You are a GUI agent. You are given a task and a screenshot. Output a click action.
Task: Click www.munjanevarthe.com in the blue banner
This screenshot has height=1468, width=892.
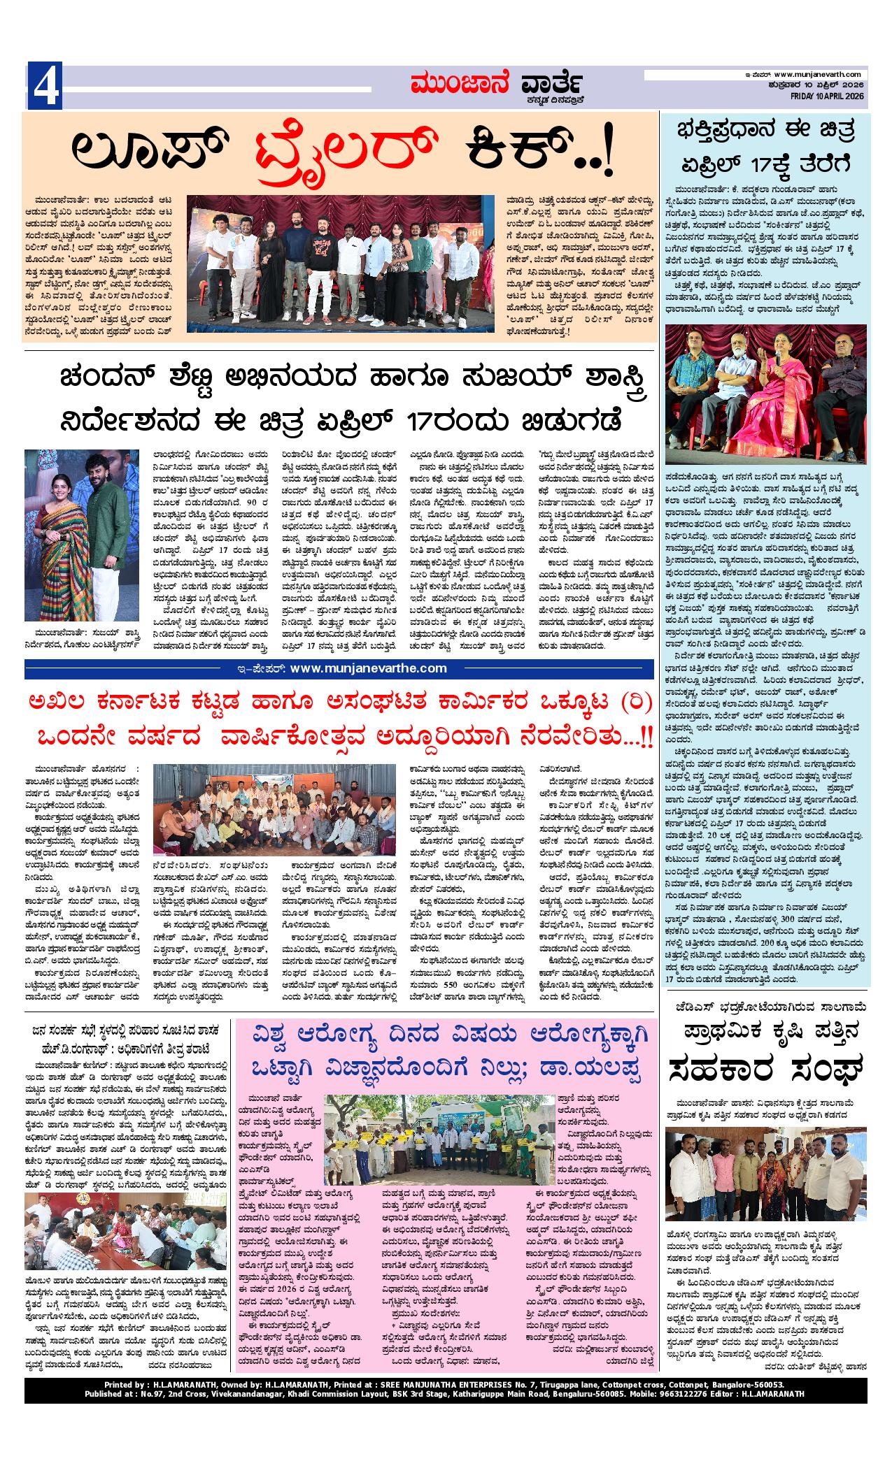click(368, 668)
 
